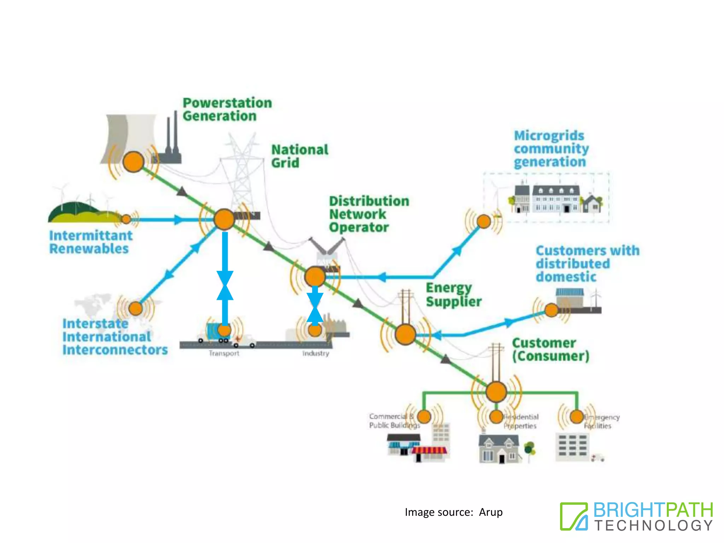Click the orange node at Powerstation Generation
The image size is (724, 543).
coord(133,162)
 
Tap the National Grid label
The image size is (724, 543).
coord(299,156)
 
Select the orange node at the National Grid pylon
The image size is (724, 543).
coord(224,219)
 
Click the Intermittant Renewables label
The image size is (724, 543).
coord(90,242)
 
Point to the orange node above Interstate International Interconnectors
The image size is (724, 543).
coord(136,308)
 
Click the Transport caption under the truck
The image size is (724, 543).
coord(224,353)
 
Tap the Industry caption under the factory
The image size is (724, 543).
coord(315,353)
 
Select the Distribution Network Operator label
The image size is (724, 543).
coord(368,214)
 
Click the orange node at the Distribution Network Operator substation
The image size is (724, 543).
coord(315,276)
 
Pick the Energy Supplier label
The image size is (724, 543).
coord(453,294)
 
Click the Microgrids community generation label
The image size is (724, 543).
coord(551,148)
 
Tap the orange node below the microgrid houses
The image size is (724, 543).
coord(484,222)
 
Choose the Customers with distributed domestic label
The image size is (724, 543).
coord(587,263)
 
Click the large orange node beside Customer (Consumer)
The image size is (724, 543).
coord(496,392)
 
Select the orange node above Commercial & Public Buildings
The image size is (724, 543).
coord(424,416)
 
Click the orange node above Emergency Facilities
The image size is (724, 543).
coord(577,416)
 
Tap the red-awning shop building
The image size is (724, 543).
coord(429,454)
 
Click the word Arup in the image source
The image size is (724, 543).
coord(491,512)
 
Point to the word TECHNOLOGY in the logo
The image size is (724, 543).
coord(653,525)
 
